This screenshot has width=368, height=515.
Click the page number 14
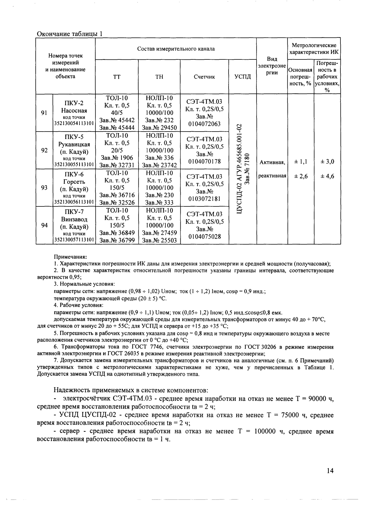(330, 471)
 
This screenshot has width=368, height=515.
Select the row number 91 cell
(44, 113)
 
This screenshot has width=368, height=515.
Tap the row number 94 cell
(44, 225)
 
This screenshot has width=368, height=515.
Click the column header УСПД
(243, 77)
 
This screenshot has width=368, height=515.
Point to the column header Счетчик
(204, 77)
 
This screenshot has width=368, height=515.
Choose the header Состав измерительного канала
(176, 49)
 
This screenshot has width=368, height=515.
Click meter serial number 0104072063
(204, 124)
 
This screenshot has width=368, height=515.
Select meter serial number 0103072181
(204, 199)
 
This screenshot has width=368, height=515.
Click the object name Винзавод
(74, 219)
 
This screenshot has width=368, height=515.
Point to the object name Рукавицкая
(74, 144)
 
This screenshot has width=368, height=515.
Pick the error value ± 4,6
(327, 176)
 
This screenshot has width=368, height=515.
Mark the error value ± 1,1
(300, 162)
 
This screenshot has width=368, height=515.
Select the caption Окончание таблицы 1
(69, 33)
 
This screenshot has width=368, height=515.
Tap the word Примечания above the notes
(70, 257)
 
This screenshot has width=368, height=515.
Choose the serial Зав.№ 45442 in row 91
(117, 120)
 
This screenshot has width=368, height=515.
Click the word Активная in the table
(272, 162)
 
